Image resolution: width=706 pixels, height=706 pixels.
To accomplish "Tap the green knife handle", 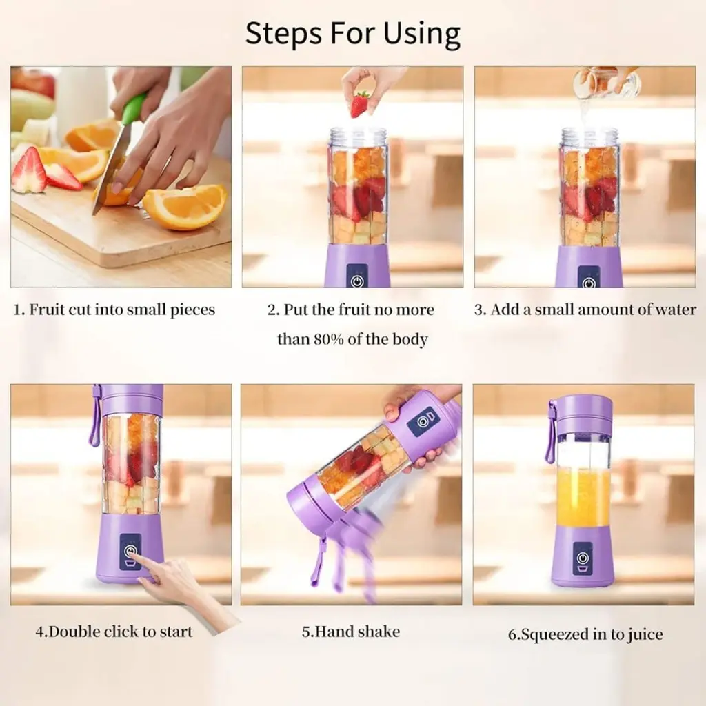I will click(134, 108).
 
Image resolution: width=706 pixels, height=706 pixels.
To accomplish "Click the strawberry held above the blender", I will click(359, 104).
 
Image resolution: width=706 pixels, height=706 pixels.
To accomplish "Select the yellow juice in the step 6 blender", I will click(584, 496).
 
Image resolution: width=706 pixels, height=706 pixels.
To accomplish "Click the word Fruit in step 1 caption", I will click(46, 310).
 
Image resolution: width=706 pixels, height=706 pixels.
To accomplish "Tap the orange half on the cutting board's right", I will click(185, 206).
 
